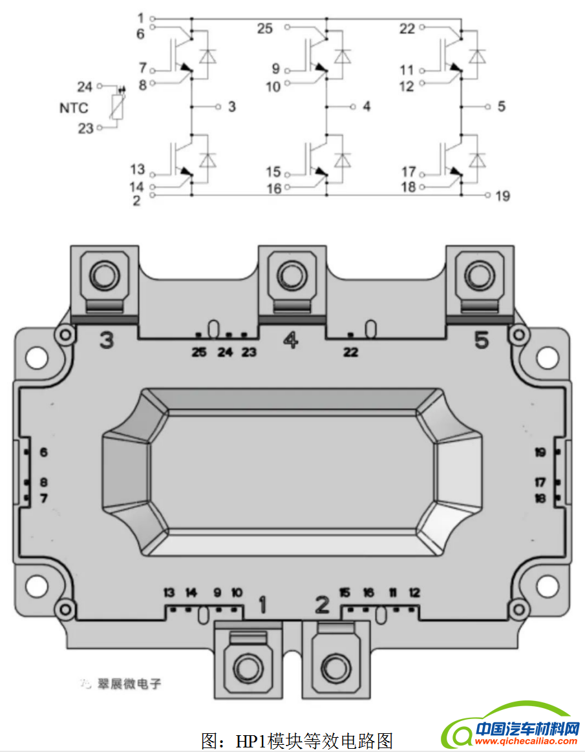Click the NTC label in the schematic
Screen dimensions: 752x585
tap(74, 108)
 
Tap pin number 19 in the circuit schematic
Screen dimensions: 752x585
tap(502, 195)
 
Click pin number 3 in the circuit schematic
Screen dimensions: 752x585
tap(232, 107)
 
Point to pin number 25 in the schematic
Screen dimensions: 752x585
tap(265, 28)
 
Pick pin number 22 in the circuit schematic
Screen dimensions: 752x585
tap(407, 28)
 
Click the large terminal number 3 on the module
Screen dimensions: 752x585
tap(107, 340)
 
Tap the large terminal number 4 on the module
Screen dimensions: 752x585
tap(291, 340)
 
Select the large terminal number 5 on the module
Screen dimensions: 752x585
tap(482, 340)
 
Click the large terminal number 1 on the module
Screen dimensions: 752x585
tap(262, 605)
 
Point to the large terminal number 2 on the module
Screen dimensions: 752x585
tap(322, 605)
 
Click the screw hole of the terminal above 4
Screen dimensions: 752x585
tap(291, 275)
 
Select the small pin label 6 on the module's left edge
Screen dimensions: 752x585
tap(43, 452)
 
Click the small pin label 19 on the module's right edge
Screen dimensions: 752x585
tap(540, 452)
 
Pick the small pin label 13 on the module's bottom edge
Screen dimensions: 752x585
tap(169, 592)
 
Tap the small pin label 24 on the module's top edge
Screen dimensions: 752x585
tap(225, 352)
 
